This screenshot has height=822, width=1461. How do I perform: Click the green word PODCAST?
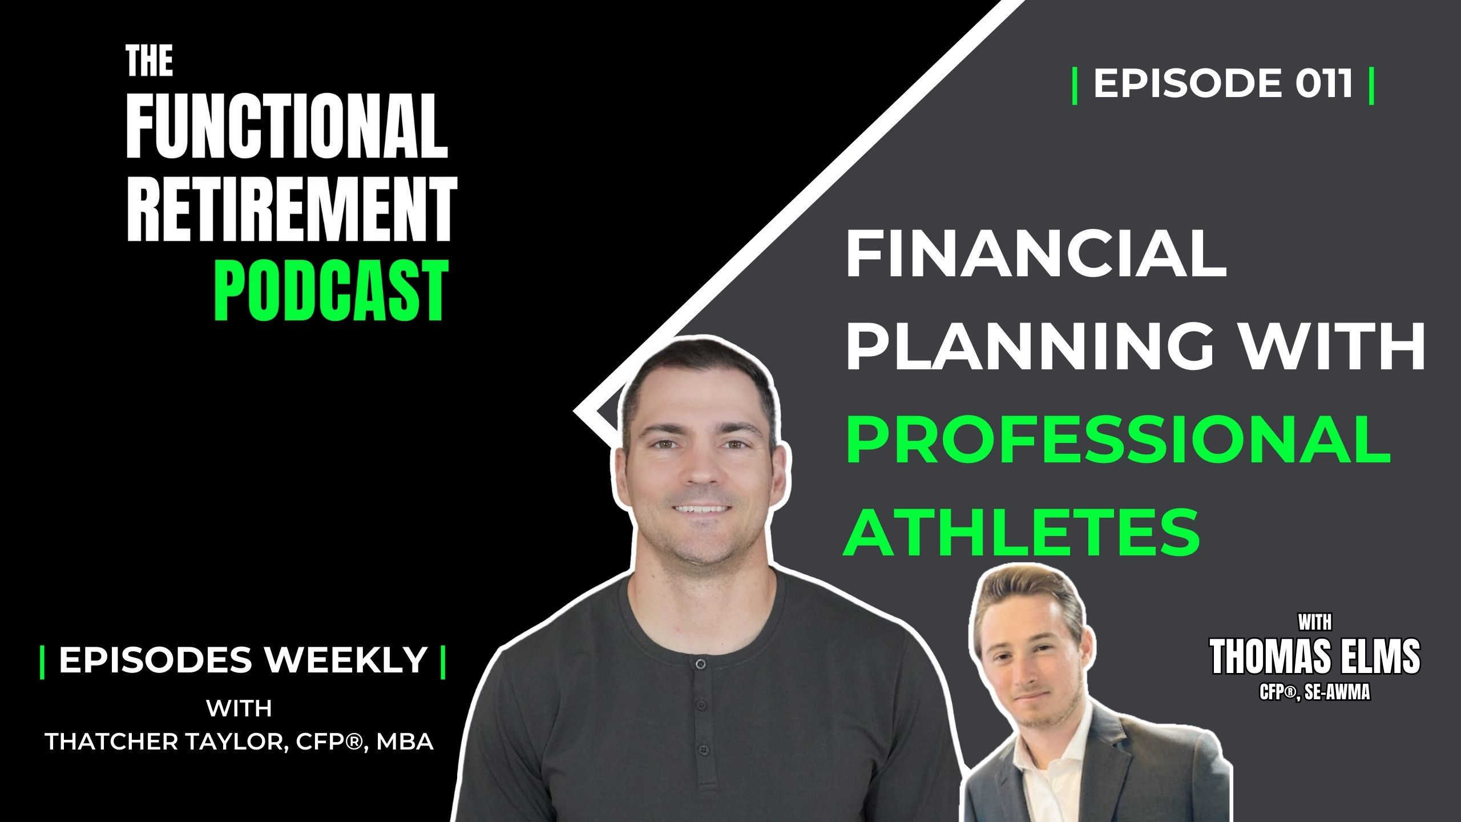coord(331,291)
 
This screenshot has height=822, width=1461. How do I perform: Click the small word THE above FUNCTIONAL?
coord(149,61)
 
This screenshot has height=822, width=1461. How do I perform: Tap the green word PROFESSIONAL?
coord(1119,440)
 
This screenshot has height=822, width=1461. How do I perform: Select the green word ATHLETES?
coord(1022,531)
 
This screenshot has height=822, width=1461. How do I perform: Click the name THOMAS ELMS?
coord(1315,657)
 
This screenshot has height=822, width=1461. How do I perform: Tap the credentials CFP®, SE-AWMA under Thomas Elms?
coord(1315,693)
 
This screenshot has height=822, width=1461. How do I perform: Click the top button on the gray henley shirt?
coord(701,663)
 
